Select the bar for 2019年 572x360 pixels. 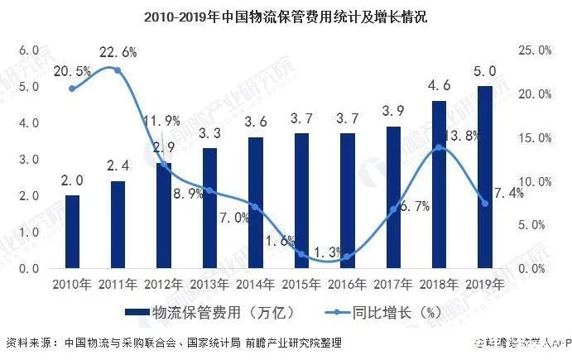tap(485, 177)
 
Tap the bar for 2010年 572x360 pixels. tap(73, 232)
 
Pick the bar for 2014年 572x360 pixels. tap(256, 203)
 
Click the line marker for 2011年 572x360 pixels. tap(118, 70)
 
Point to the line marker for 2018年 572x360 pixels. tap(439, 147)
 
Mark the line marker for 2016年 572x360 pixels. tap(347, 257)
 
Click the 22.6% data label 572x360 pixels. tap(119, 51)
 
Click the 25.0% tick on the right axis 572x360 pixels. tap(535, 50)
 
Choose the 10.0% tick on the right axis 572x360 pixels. tap(535, 181)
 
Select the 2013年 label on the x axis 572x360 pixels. tap(210, 284)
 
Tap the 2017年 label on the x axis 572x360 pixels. tap(393, 284)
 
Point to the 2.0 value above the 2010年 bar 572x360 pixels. tap(73, 179)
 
